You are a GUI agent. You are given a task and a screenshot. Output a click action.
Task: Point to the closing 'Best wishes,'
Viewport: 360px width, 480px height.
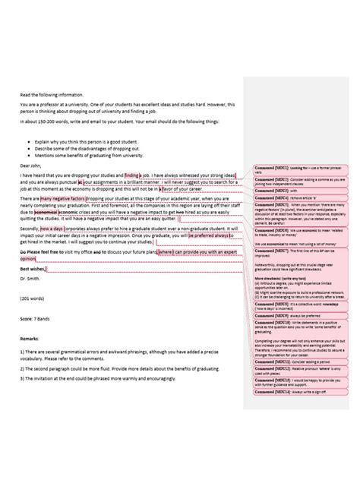click(x=33, y=268)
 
